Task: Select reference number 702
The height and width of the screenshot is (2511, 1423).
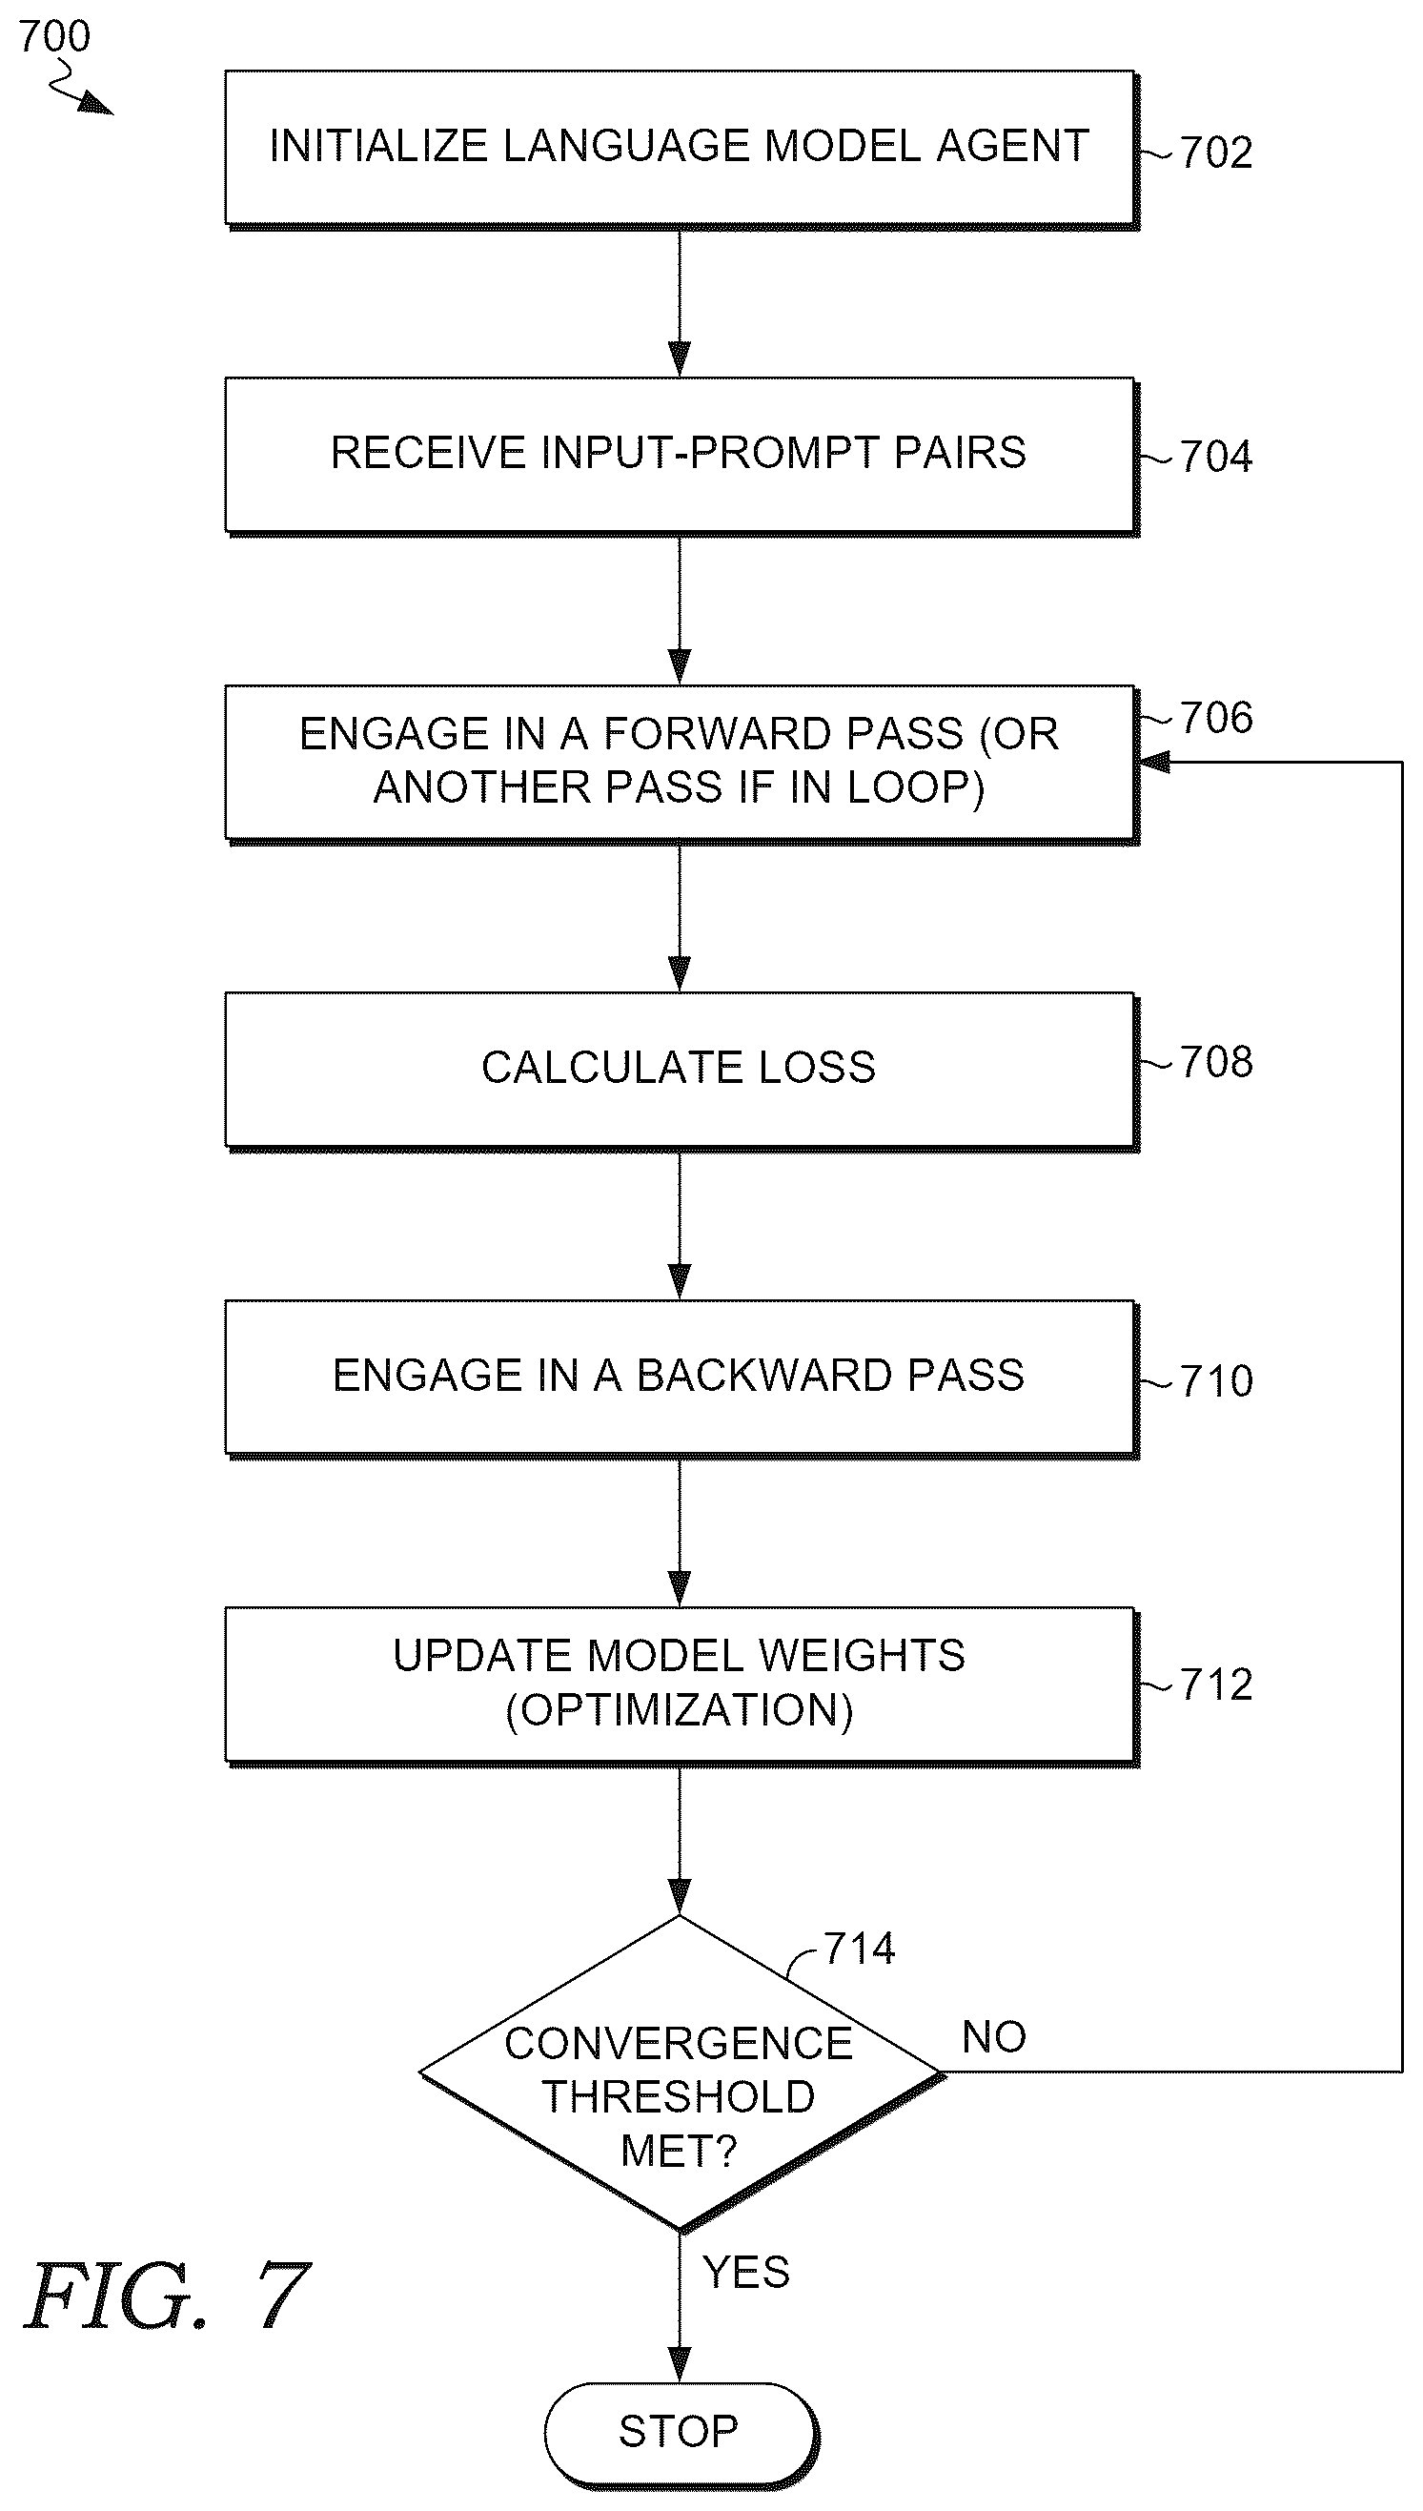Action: click(x=1216, y=153)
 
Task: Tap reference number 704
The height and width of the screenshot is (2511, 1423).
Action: click(x=1216, y=457)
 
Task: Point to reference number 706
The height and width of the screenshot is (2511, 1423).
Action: click(x=1216, y=718)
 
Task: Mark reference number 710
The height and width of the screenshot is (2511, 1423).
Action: click(x=1216, y=1381)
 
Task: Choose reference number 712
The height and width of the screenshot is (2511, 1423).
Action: click(x=1216, y=1684)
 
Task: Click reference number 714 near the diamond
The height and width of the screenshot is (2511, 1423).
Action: click(x=859, y=1948)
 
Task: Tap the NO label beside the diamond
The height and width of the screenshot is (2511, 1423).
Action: click(x=993, y=2037)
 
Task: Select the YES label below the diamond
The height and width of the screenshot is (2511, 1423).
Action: click(x=745, y=2273)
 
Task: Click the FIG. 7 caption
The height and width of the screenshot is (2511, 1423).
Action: click(x=166, y=2295)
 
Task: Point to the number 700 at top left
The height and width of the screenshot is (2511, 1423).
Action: click(x=53, y=36)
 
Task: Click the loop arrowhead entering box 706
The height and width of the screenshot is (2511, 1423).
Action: click(x=1154, y=762)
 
